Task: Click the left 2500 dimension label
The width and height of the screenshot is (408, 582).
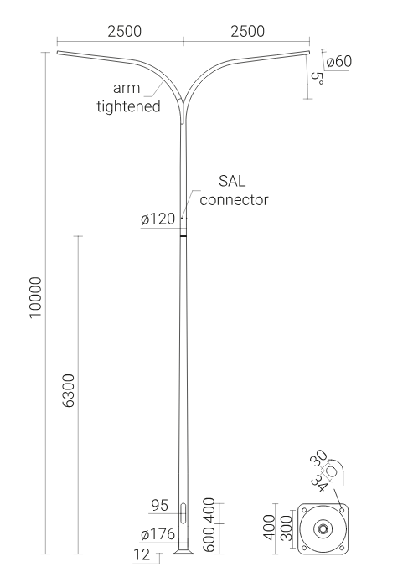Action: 124,32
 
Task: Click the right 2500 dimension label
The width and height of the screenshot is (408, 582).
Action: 248,32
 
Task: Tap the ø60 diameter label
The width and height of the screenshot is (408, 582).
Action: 338,61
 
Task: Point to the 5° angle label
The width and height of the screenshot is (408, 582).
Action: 317,78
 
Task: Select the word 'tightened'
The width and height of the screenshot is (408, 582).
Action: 128,106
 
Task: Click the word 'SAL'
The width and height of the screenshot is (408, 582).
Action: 232,181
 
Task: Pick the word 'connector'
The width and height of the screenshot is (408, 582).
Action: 234,199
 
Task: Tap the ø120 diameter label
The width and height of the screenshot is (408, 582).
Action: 158,219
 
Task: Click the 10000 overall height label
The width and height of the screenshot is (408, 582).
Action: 36,297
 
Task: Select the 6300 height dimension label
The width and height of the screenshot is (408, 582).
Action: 69,391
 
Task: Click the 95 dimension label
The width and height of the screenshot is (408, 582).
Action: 160,505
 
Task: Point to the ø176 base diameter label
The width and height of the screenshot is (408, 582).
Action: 158,534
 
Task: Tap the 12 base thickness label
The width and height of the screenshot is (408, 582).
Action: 142,554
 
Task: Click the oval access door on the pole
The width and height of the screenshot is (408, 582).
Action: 183,513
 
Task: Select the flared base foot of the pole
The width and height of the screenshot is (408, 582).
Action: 183,552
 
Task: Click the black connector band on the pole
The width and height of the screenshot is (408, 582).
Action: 183,235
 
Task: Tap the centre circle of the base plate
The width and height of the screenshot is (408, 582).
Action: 323,529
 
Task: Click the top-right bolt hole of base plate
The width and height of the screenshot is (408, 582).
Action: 342,510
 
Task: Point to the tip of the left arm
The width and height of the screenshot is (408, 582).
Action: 57,53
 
